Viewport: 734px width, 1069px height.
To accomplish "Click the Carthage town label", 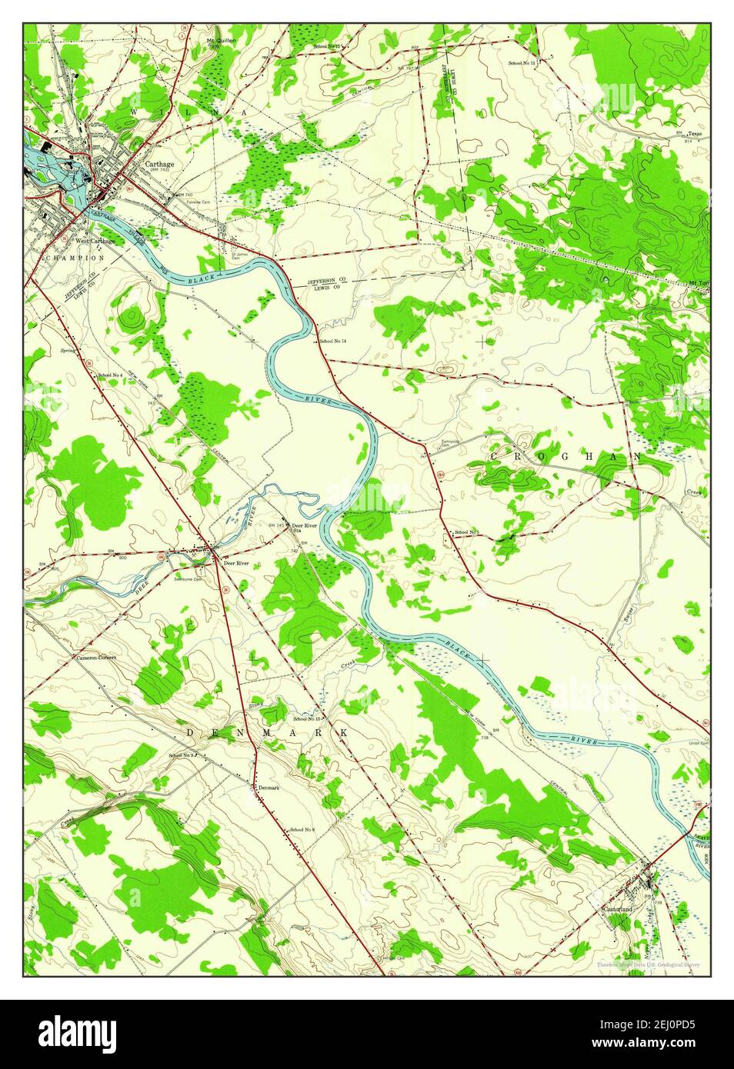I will coord(159,164).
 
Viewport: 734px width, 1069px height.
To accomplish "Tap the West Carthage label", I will coord(95,241).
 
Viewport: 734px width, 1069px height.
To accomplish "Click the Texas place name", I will coord(695,133).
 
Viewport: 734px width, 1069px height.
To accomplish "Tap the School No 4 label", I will coord(110,375).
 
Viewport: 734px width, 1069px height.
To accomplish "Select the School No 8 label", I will coord(302,830).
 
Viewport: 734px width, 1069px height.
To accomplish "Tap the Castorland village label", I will coord(616,909).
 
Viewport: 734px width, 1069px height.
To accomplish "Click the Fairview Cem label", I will coord(199,202).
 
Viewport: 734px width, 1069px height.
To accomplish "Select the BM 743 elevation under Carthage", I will coord(160,172).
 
